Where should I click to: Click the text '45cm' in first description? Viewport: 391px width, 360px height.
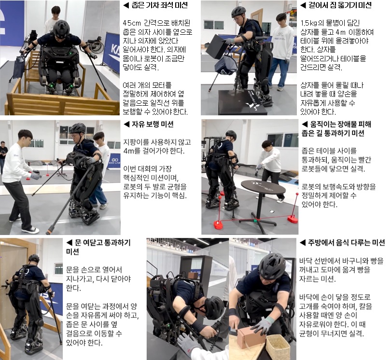pyautogui.click(x=132, y=23)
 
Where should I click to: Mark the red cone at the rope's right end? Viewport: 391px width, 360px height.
pyautogui.click(x=293, y=219)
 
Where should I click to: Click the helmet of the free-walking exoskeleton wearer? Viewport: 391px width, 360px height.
pyautogui.click(x=77, y=129)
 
